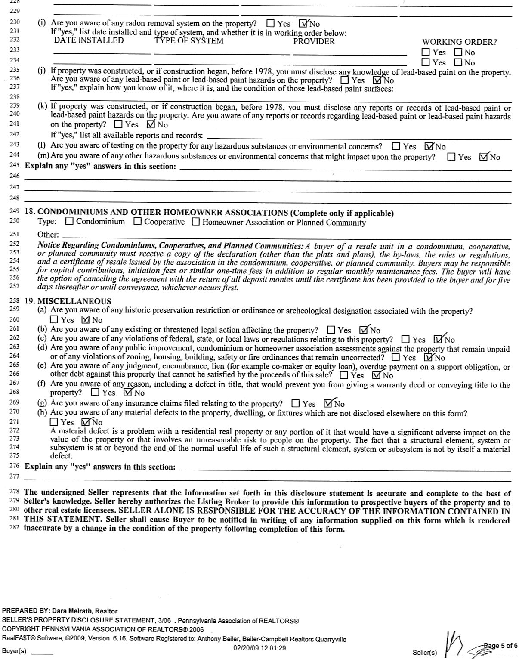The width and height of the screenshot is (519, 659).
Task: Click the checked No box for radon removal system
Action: pyautogui.click(x=303, y=24)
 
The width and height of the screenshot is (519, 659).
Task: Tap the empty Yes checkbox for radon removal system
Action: pyautogui.click(x=271, y=24)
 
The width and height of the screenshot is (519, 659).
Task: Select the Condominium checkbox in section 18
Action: pyautogui.click(x=69, y=222)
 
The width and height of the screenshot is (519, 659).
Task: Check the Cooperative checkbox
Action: pyautogui.click(x=137, y=222)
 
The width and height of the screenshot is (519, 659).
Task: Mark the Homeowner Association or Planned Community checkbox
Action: pyautogui.click(x=196, y=222)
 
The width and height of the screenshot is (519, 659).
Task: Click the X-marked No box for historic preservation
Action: pyautogui.click(x=85, y=320)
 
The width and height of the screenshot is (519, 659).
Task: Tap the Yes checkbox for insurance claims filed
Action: pyautogui.click(x=295, y=404)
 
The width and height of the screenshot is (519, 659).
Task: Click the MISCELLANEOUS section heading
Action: pyautogui.click(x=74, y=301)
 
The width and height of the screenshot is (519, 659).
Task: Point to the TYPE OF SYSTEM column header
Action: pyautogui.click(x=189, y=41)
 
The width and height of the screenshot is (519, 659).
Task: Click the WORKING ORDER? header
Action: pyautogui.click(x=459, y=42)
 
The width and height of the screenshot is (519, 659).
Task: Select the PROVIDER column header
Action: pyautogui.click(x=314, y=41)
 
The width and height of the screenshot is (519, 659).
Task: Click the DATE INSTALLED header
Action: pyautogui.click(x=89, y=40)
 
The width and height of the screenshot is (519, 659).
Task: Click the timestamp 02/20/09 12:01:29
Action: pyautogui.click(x=259, y=648)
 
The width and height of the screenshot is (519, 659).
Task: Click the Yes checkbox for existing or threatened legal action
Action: pyautogui.click(x=331, y=330)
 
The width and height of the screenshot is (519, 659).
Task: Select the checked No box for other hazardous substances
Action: pyautogui.click(x=483, y=157)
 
